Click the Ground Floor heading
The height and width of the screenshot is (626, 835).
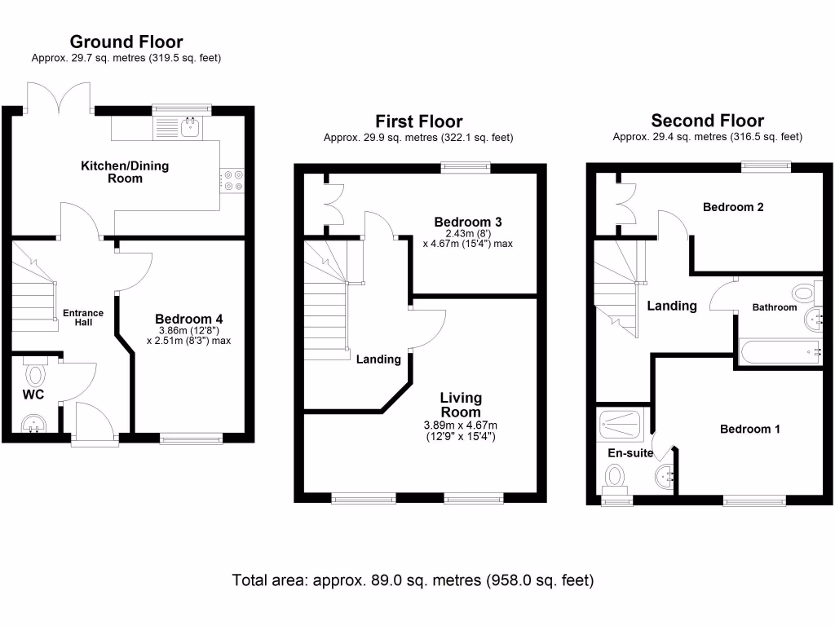(x=126, y=42)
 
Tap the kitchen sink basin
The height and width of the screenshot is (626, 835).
(x=191, y=128)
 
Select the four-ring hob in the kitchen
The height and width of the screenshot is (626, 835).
(x=232, y=180)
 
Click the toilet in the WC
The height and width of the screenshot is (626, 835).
(x=35, y=372)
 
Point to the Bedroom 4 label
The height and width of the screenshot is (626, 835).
(x=189, y=319)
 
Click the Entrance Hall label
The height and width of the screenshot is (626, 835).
(x=83, y=317)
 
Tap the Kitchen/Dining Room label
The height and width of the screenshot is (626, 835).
(x=125, y=172)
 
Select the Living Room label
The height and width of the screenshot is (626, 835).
(x=461, y=404)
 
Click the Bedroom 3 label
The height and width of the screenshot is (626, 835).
(x=468, y=222)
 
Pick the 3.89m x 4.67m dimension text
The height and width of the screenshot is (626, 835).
(x=461, y=425)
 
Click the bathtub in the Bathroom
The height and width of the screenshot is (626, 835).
(x=780, y=352)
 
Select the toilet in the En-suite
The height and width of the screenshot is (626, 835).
(x=615, y=478)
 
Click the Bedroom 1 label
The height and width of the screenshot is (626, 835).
(x=750, y=429)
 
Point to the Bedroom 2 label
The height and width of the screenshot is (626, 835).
(x=733, y=207)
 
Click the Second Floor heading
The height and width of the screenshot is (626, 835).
(x=707, y=121)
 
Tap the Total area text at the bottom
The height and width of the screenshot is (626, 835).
(x=413, y=580)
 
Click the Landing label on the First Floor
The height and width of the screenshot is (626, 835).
(x=378, y=359)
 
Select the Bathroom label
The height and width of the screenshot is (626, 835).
(x=775, y=307)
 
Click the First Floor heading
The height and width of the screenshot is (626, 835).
(x=419, y=121)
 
